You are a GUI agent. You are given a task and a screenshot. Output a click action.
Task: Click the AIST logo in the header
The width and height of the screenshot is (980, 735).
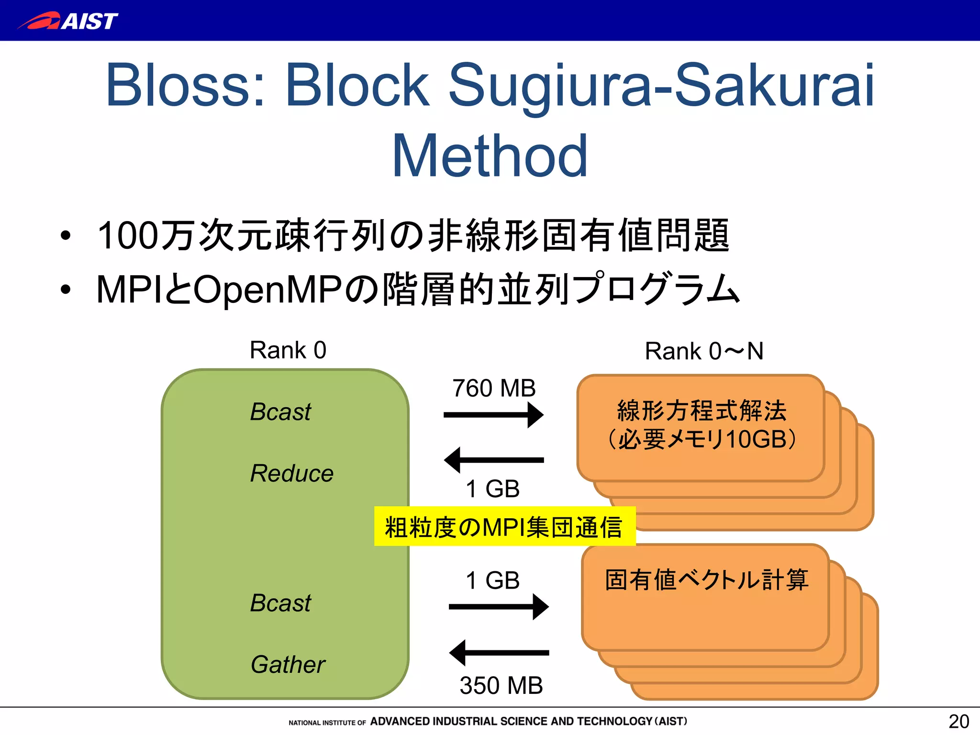68,21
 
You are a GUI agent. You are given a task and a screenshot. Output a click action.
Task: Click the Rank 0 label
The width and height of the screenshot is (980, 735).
288,350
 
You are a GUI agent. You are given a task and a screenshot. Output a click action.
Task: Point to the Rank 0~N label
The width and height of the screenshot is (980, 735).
703,351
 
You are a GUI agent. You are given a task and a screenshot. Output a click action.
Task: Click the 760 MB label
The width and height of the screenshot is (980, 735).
494,388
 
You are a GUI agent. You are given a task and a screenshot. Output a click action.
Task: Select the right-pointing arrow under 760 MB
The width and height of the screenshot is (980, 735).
493,415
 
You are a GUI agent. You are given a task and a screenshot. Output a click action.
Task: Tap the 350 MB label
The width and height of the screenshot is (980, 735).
501,685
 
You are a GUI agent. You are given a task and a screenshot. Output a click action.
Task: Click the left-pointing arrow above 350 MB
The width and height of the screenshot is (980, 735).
499,653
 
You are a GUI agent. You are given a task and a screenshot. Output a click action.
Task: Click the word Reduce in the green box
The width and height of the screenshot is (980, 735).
291,474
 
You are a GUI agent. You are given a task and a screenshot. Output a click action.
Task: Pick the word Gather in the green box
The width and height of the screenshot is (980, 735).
288,665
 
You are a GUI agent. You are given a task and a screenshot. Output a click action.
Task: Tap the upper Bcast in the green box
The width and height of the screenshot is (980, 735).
280,412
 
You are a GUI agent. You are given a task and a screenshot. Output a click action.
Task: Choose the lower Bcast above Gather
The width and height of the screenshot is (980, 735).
280,603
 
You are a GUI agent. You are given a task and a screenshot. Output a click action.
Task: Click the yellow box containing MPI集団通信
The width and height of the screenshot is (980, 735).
504,526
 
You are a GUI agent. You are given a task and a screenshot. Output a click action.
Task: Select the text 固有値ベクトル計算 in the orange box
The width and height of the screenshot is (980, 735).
706,580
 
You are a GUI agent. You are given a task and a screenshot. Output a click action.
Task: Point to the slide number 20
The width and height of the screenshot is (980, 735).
958,721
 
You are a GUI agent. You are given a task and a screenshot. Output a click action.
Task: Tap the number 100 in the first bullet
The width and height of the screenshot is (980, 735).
127,236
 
